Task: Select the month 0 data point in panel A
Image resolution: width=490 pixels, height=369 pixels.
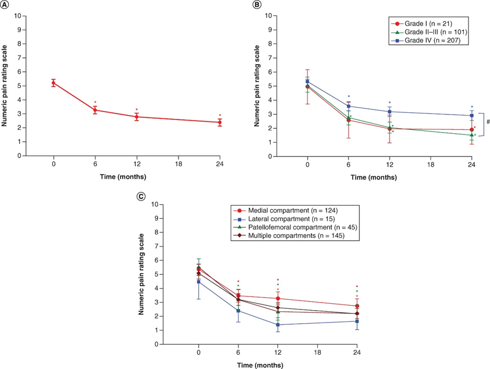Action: point(54,83)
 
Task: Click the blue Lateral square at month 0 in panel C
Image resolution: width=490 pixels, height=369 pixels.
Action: point(199,282)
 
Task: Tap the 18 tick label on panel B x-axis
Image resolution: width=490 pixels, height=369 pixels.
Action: point(431,164)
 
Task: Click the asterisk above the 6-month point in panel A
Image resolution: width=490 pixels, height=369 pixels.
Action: point(95,103)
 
